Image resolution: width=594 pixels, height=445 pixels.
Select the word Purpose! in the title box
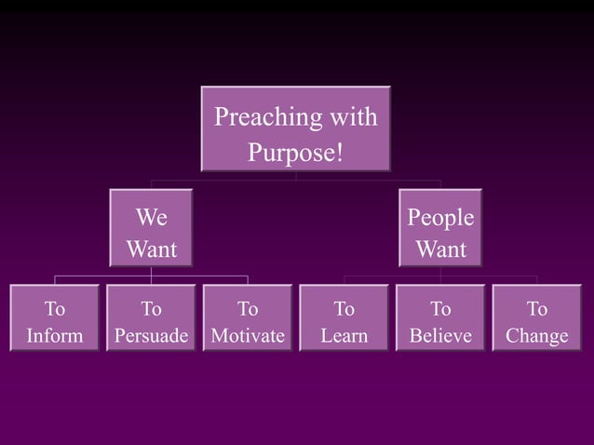[x=296, y=150]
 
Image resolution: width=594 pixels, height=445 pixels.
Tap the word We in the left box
[x=151, y=218]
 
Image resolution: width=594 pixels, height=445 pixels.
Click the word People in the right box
[x=440, y=218]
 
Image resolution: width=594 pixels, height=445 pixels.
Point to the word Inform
[x=54, y=335]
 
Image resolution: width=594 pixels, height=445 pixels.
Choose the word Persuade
[x=151, y=335]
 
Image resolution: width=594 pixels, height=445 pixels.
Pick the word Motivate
[x=248, y=335]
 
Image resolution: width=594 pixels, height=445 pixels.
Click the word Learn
[x=344, y=335]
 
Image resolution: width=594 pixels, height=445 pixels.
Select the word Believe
[x=440, y=335]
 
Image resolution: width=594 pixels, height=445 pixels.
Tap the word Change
[x=537, y=335]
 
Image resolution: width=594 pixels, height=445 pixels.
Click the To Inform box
[x=54, y=319]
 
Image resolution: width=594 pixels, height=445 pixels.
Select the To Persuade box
[x=151, y=319]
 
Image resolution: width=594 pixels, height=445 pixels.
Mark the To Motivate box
[x=248, y=319]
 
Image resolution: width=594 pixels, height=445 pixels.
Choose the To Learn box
[x=344, y=319]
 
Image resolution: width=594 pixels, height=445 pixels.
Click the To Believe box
[x=440, y=319]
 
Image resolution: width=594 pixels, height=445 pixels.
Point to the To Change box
[x=537, y=319]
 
